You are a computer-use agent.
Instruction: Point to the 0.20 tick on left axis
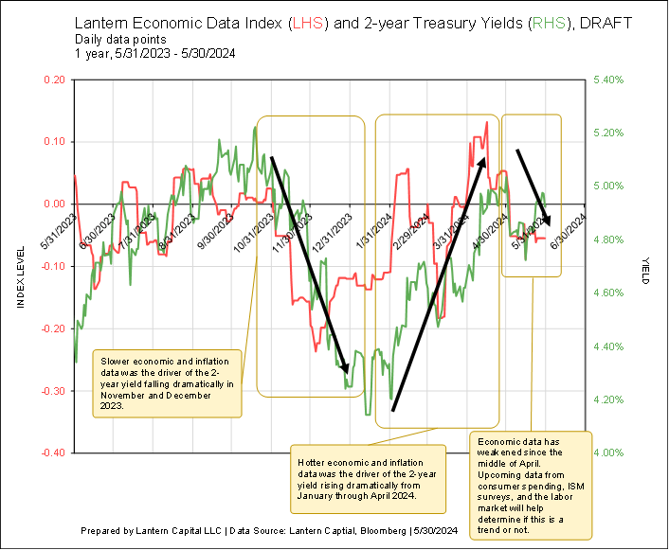tap(54, 80)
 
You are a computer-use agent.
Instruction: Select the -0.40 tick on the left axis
tap(52, 452)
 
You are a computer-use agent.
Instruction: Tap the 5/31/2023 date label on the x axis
tap(67, 231)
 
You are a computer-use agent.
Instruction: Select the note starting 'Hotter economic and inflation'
tap(367, 476)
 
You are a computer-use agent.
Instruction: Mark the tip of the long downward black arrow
tap(348, 373)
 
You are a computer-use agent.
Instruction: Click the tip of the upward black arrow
tap(485, 158)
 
